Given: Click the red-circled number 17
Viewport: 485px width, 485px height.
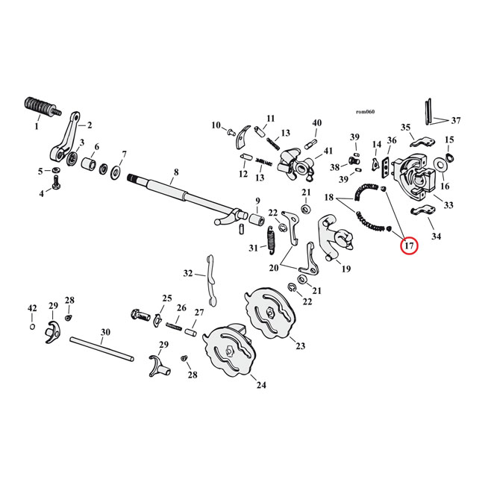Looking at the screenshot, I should tap(408, 245).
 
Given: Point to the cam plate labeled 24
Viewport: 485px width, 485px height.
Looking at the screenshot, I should tap(228, 356).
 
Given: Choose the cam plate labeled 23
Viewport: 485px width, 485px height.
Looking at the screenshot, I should tap(269, 314).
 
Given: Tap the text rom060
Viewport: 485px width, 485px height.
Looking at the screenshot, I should tap(365, 113).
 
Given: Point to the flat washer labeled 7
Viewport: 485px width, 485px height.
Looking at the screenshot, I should tap(117, 173).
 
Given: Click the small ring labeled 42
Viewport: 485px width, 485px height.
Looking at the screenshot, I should tap(32, 327).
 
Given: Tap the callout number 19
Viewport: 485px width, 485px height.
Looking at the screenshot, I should tap(345, 269).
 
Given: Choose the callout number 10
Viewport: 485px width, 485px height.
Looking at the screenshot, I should tap(216, 125).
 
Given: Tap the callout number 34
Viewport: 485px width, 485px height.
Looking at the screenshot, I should tap(435, 237).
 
